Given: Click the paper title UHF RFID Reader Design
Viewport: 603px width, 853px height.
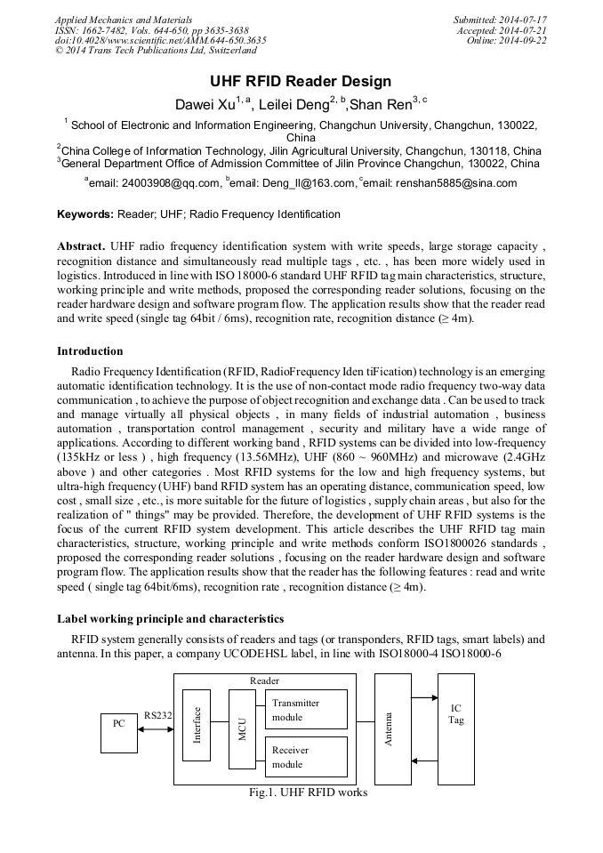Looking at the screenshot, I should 301,82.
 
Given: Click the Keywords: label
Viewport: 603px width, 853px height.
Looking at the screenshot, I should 85,214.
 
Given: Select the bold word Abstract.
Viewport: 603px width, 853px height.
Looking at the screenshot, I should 81,245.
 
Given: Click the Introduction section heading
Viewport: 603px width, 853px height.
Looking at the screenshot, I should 90,351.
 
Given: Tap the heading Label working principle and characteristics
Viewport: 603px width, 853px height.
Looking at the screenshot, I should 171,618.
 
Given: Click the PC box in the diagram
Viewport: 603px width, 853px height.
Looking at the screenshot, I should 118,723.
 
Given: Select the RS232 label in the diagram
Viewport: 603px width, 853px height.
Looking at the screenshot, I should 157,714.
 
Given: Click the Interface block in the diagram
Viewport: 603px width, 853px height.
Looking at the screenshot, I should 197,725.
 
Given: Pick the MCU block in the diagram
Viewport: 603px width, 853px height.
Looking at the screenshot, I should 241,729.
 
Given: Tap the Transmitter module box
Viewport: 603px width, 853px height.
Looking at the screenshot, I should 306,710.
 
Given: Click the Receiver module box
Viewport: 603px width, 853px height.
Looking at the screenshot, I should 306,757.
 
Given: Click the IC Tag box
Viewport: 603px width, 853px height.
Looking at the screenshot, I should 455,728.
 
